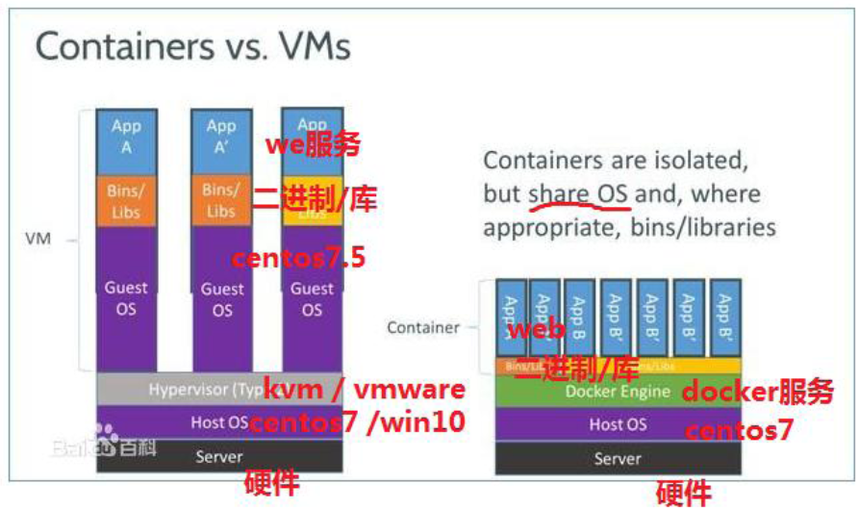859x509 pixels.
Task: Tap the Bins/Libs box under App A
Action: (126, 199)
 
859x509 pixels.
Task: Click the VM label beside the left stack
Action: (38, 239)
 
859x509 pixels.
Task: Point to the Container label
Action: (423, 327)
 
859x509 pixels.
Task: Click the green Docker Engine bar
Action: (618, 391)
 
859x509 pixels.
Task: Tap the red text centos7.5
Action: (299, 258)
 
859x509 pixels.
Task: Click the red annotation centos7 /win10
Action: (358, 421)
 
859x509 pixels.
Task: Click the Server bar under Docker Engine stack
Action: (618, 457)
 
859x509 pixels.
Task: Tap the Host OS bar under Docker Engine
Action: (618, 424)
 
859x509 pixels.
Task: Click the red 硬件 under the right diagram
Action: (684, 493)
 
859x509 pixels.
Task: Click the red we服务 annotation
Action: (314, 145)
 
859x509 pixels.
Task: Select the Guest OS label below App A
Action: (126, 298)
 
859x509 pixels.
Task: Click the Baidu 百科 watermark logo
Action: (105, 445)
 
